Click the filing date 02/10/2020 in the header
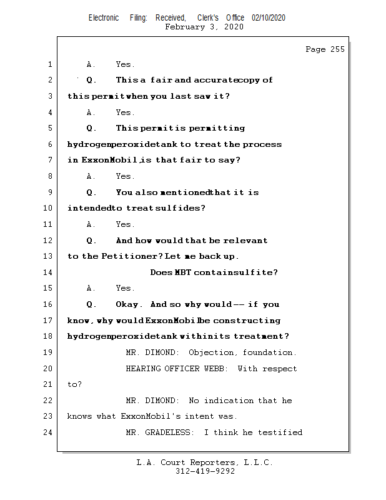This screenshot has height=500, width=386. coord(269,17)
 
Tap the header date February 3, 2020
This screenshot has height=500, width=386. coord(204,27)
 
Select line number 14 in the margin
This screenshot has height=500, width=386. coord(49,272)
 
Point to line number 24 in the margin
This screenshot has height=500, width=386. coord(49,432)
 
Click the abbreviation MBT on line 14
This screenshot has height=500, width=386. coord(183,272)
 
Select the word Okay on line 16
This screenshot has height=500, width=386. coord(129,304)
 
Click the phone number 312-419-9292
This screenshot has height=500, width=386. coord(205,472)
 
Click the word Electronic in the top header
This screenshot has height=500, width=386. coord(104,17)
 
